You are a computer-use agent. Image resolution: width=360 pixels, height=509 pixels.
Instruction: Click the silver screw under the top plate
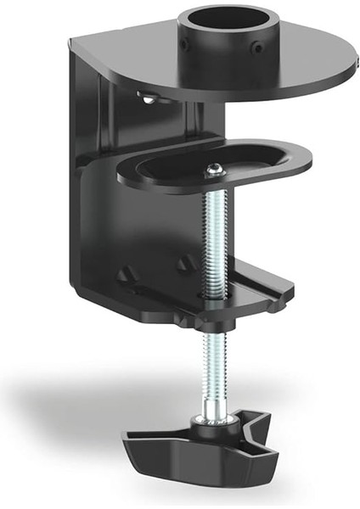(x=150, y=99)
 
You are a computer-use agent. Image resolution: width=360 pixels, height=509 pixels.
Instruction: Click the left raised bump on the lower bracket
(x=127, y=276)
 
